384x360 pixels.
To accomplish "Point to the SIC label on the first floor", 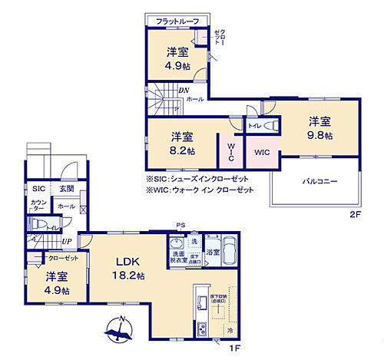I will click(x=38, y=188).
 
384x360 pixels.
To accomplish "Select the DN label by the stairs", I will click(x=184, y=90).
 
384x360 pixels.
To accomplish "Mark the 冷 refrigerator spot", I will click(x=230, y=330).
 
